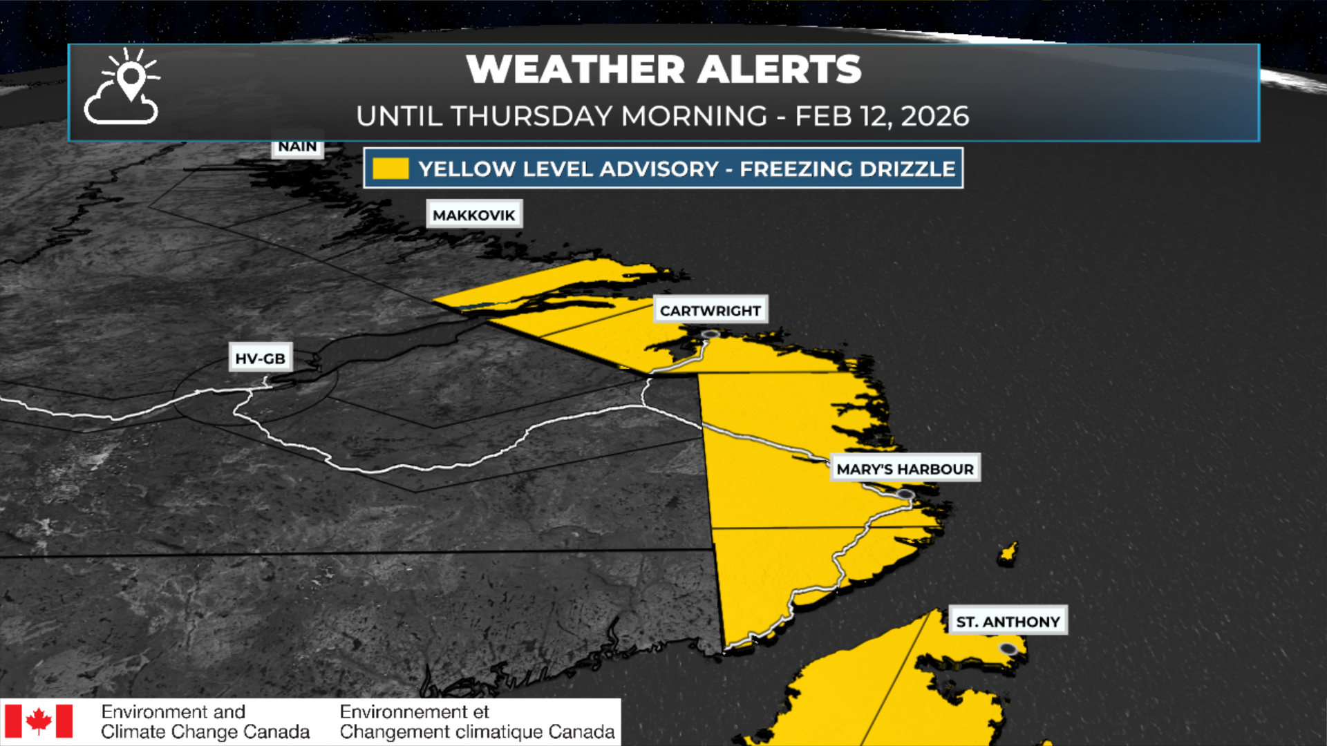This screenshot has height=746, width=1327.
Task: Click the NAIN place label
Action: tap(297, 146)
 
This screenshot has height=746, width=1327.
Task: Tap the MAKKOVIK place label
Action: tap(474, 215)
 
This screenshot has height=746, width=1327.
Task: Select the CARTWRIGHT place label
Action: tap(710, 311)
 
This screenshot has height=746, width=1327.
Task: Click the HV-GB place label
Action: tap(261, 358)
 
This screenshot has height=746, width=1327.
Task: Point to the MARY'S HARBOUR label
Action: tap(905, 469)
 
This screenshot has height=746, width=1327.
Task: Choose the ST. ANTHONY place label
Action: tap(1008, 622)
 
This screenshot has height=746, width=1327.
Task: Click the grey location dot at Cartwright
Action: tap(710, 334)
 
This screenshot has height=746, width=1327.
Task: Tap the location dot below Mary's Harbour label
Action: tap(905, 495)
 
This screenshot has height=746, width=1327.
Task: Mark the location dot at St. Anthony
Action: tap(1008, 649)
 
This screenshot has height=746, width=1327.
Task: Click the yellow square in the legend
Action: tap(390, 169)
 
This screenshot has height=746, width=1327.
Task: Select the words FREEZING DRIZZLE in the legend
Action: tap(847, 169)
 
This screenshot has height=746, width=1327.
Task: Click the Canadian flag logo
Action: tap(39, 721)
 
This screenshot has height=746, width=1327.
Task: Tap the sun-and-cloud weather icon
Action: tap(123, 87)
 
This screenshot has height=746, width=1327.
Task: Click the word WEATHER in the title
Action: tap(576, 69)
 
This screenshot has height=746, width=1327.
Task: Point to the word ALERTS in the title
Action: tap(779, 69)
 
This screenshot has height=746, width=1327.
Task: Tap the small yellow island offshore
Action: tap(1008, 553)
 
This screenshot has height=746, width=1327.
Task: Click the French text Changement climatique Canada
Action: tap(477, 731)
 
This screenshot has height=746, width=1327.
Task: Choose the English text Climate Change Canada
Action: tap(205, 731)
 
